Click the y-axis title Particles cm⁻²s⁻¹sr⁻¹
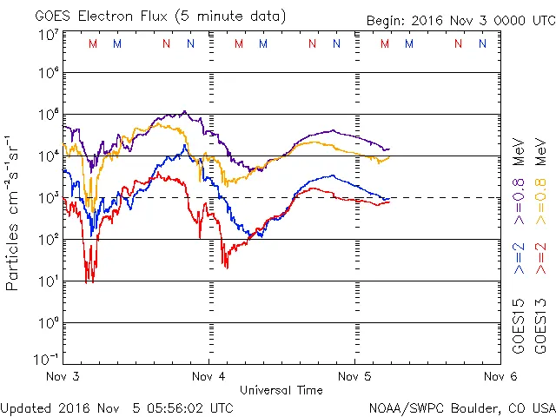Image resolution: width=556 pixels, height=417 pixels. tap(13, 212)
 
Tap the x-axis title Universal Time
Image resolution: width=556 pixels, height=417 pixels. tap(281, 390)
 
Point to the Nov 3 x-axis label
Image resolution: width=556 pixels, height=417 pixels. tap(63, 377)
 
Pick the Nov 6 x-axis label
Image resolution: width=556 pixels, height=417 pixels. tap(500, 377)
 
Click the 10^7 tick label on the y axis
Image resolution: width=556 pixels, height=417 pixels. tap(48, 34)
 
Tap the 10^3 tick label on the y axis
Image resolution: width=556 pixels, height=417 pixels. tap(48, 197)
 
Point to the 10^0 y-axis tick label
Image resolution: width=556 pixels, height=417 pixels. tap(48, 322)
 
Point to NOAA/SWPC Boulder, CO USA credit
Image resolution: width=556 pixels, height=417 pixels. tap(461, 407)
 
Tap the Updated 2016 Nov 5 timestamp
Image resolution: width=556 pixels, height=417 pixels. tap(117, 407)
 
